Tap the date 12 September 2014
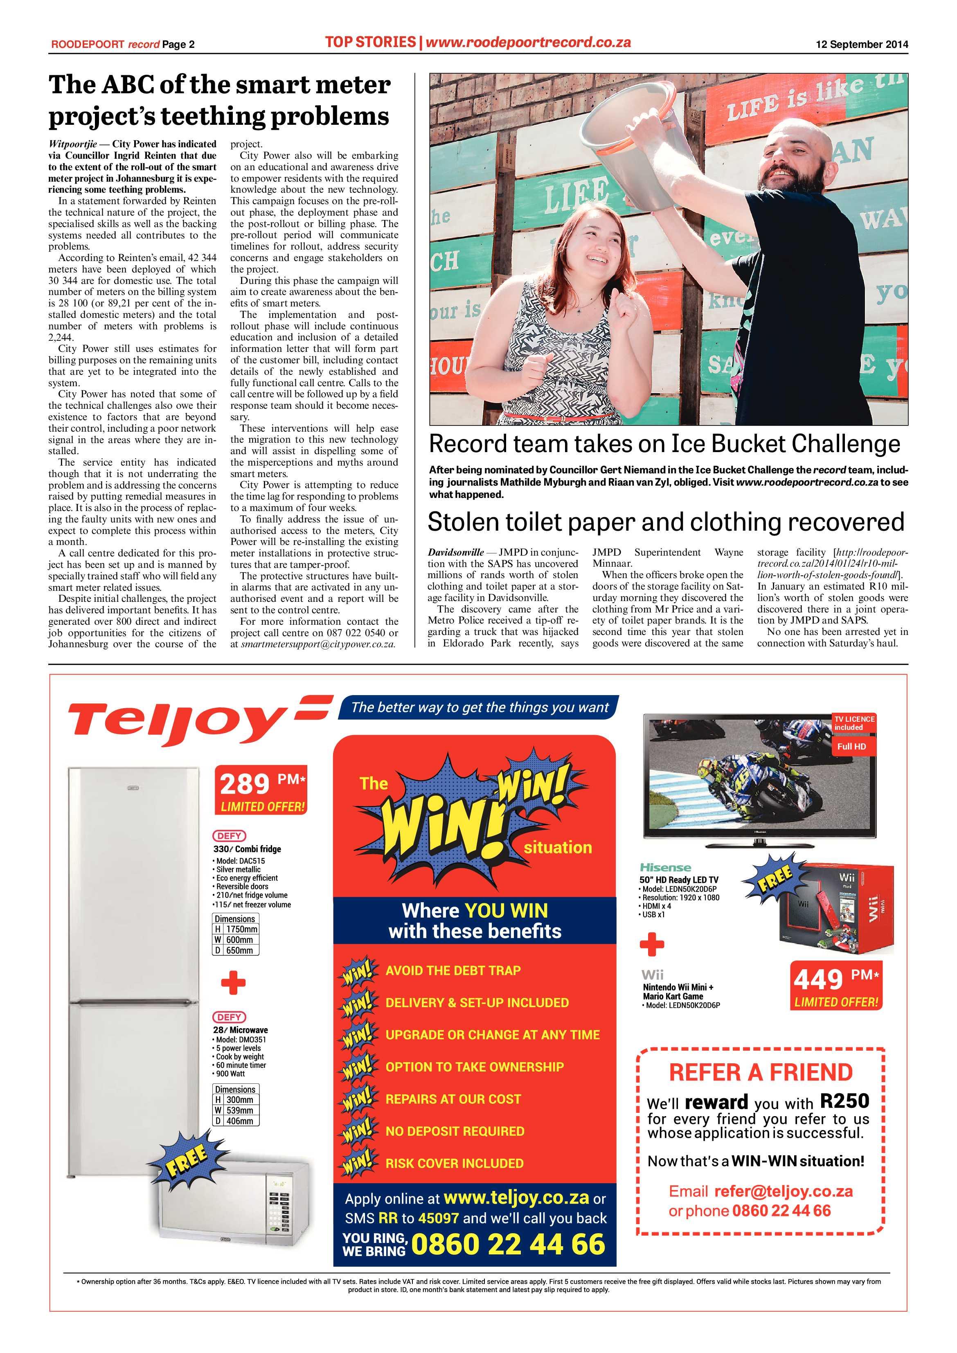tap(862, 44)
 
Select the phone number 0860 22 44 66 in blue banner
tap(508, 1244)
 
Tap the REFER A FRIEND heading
tap(761, 1072)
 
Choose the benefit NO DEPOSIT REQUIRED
tap(454, 1131)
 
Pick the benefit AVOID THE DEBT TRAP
tap(453, 970)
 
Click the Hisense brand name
tap(665, 867)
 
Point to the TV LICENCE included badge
tap(854, 723)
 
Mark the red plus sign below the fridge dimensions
tap(233, 983)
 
